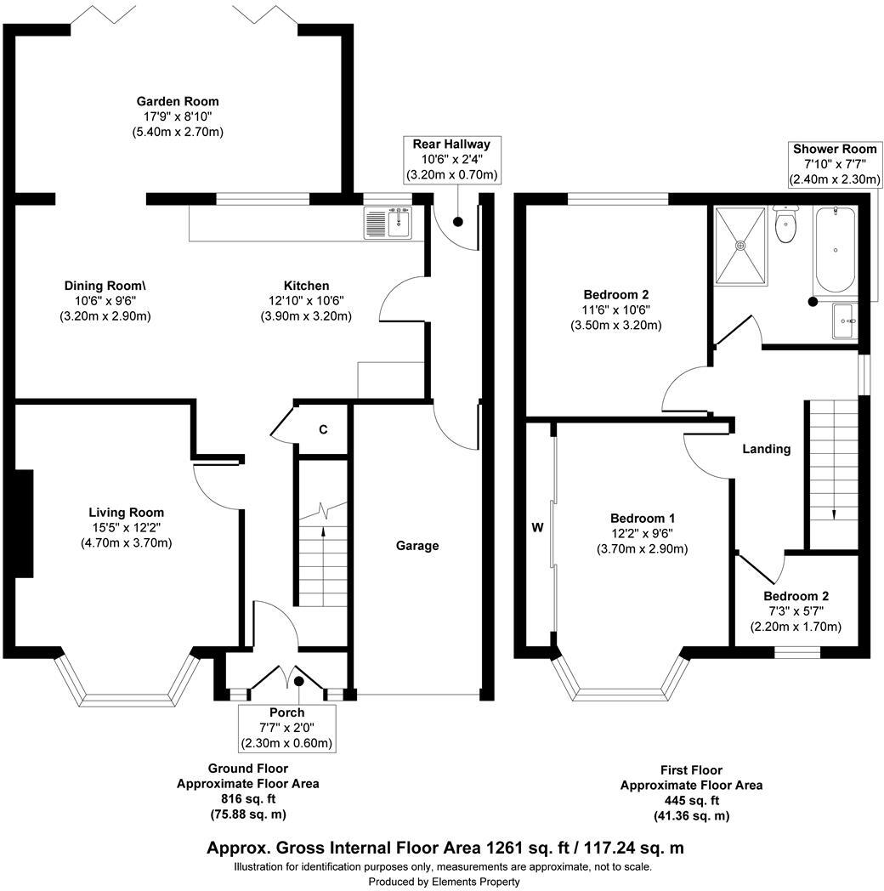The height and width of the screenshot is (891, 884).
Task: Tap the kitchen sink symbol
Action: click(x=399, y=224)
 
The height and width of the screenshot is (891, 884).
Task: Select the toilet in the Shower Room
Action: click(x=786, y=227)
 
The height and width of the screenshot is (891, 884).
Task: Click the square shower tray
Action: click(x=742, y=245)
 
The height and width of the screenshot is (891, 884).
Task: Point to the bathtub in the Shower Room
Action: click(x=836, y=248)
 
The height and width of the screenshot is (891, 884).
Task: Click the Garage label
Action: click(x=416, y=546)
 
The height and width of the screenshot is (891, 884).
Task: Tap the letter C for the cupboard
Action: click(x=323, y=430)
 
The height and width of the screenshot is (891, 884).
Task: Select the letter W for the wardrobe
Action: click(x=537, y=527)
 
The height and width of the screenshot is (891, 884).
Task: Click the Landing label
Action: click(x=766, y=449)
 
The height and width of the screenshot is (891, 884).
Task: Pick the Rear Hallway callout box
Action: click(x=451, y=160)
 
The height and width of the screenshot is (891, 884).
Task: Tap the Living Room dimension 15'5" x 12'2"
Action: click(x=126, y=528)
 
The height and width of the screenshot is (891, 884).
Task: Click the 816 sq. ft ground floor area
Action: click(x=247, y=799)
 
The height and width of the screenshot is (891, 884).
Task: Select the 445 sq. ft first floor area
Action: click(x=690, y=801)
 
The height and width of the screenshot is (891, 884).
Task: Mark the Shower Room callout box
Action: click(x=836, y=164)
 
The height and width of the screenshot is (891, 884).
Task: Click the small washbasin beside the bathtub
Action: click(x=845, y=321)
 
